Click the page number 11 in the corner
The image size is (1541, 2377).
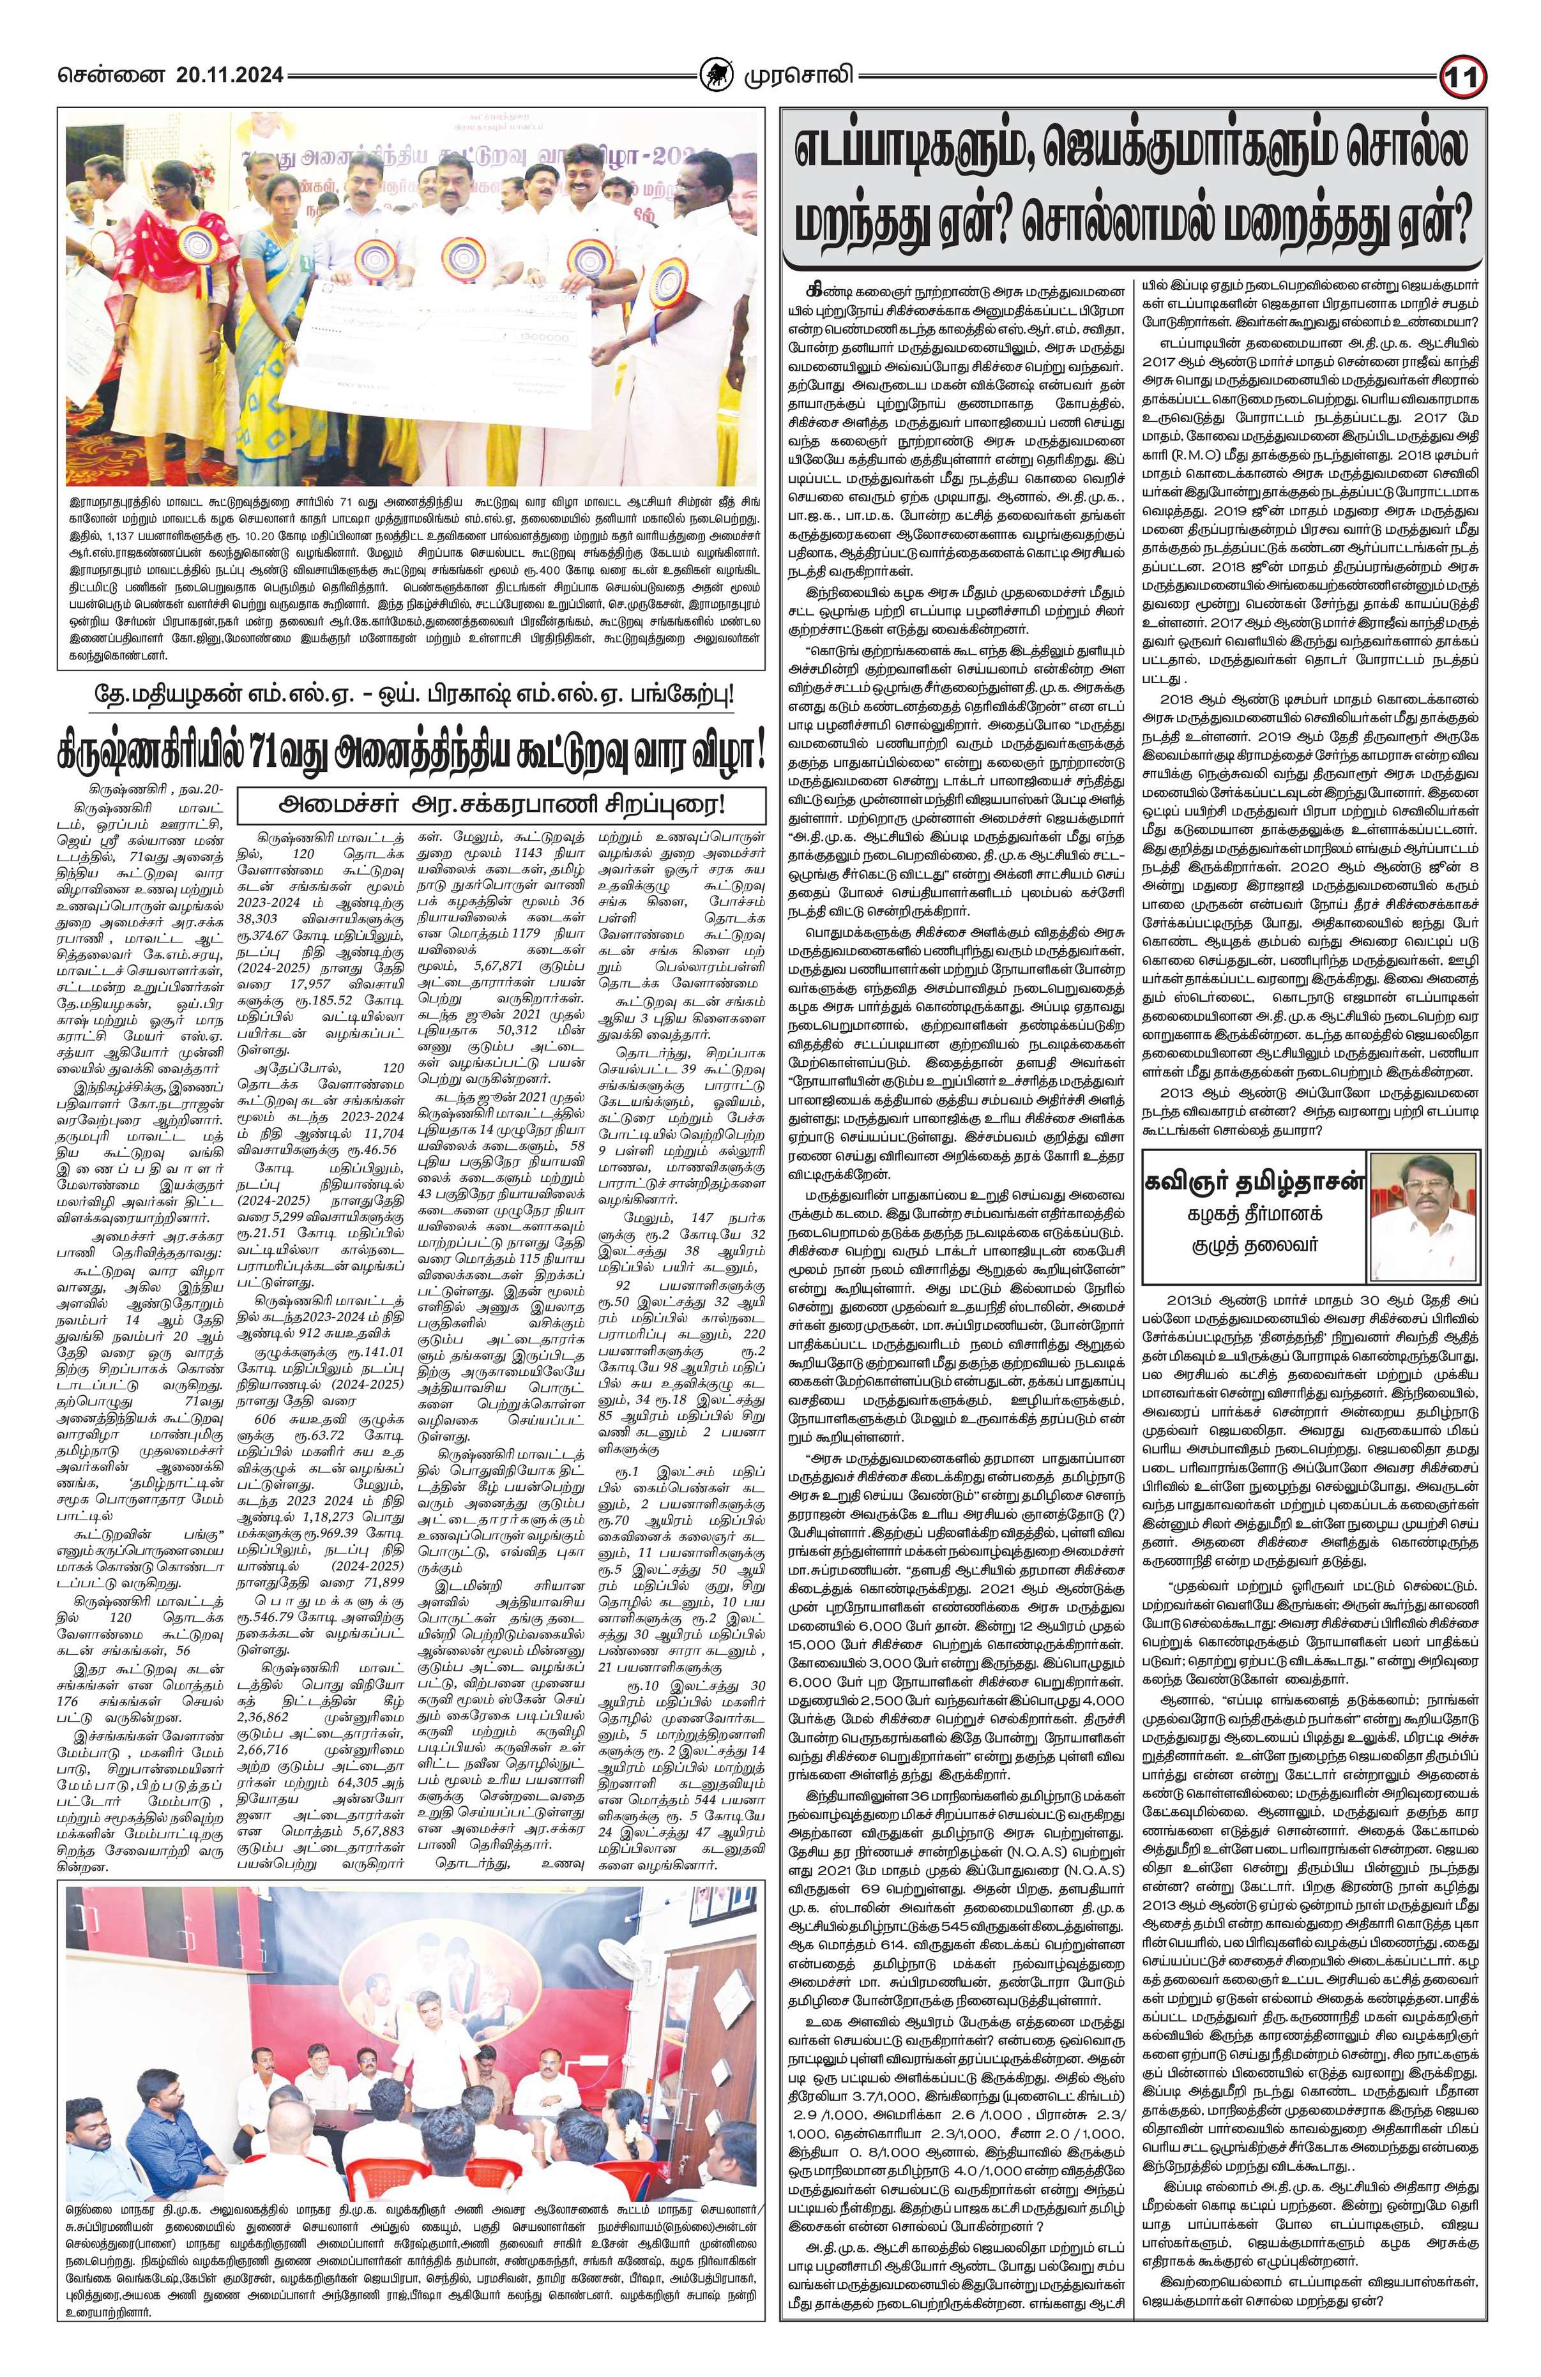1465,77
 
